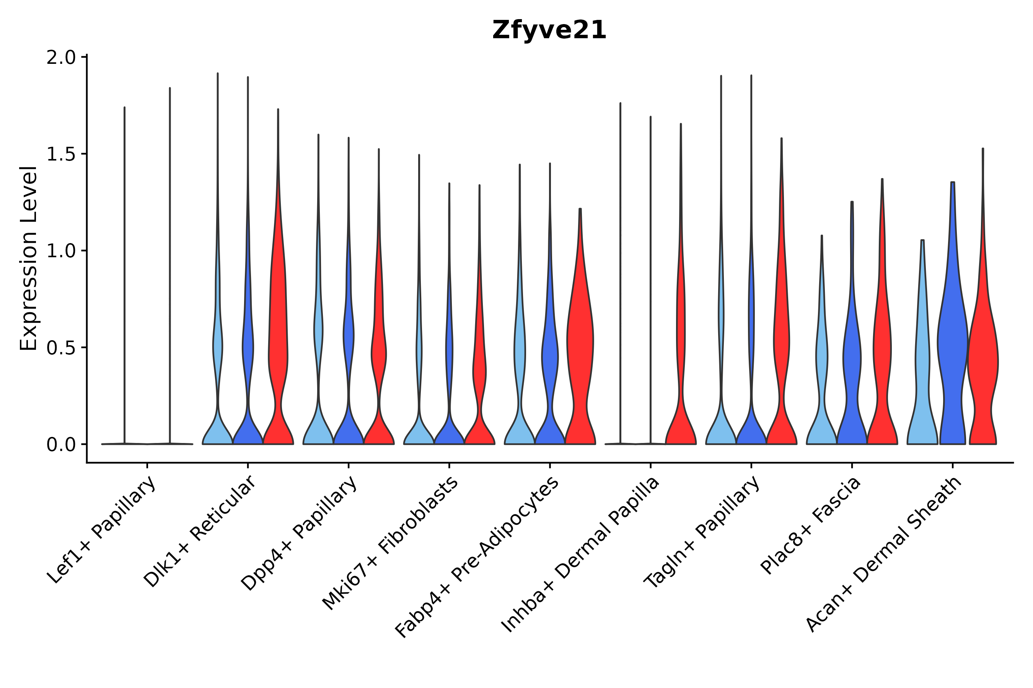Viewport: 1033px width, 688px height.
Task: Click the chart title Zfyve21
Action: [549, 30]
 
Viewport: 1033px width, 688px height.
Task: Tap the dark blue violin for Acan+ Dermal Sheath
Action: [952, 342]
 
